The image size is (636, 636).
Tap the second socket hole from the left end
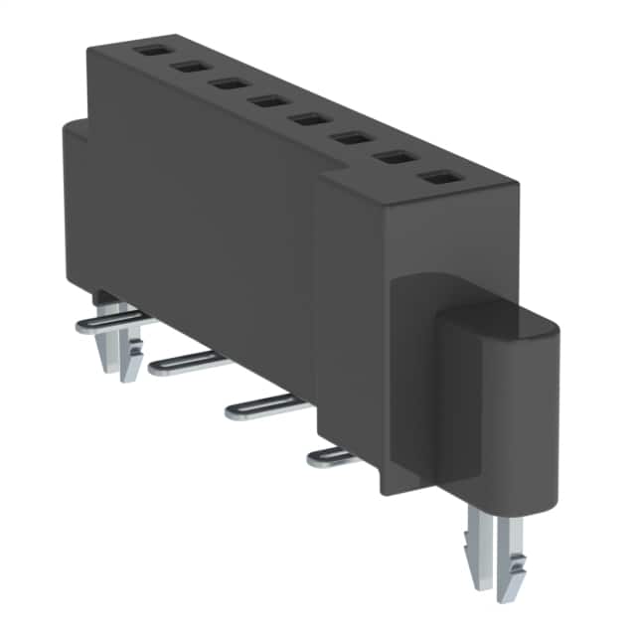click(x=188, y=67)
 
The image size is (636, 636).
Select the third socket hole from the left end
click(x=228, y=83)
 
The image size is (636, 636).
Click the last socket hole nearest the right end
click(x=436, y=177)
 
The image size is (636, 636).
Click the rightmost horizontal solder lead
click(x=333, y=456)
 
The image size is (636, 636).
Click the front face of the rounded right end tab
click(x=497, y=417)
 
